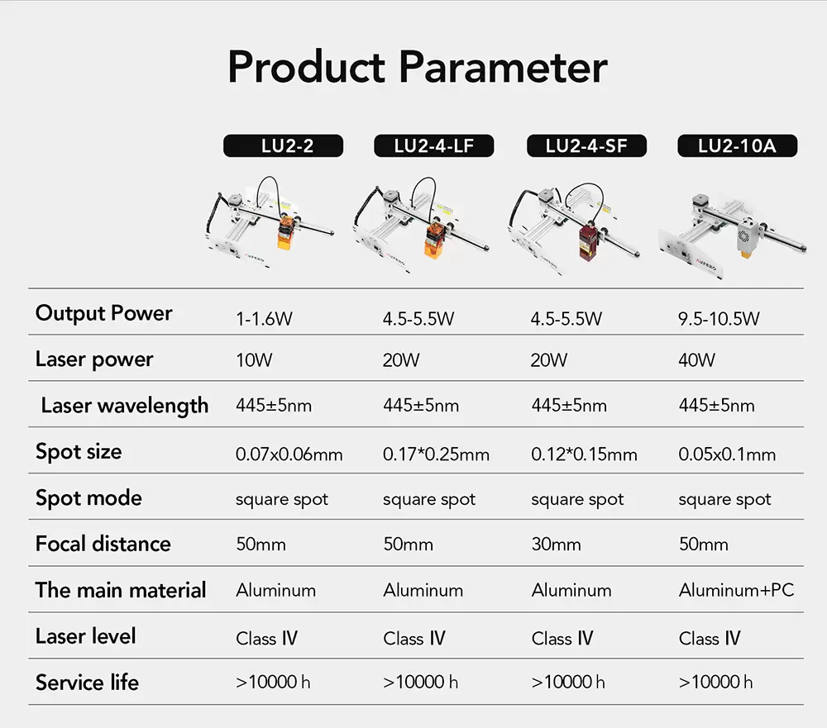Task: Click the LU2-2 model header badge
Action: [x=283, y=145]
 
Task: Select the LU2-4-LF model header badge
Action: [x=434, y=145]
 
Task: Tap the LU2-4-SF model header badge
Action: [x=586, y=145]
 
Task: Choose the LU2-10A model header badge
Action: [x=738, y=145]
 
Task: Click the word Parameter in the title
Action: [x=503, y=67]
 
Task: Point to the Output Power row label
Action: [x=104, y=313]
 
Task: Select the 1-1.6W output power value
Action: [x=264, y=318]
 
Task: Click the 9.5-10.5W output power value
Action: [x=719, y=318]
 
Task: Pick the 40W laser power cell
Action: [x=696, y=360]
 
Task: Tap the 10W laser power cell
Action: [x=254, y=360]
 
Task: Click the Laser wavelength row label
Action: [x=125, y=406]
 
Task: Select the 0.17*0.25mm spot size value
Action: [x=436, y=454]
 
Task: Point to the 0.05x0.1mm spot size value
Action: [x=727, y=454]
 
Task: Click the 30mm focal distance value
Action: [x=556, y=544]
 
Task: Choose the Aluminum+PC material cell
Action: [x=736, y=590]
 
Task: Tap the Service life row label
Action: [x=87, y=683]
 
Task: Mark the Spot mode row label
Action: [x=88, y=498]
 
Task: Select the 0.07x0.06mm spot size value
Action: [x=289, y=454]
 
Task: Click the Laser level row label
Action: [x=85, y=636]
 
